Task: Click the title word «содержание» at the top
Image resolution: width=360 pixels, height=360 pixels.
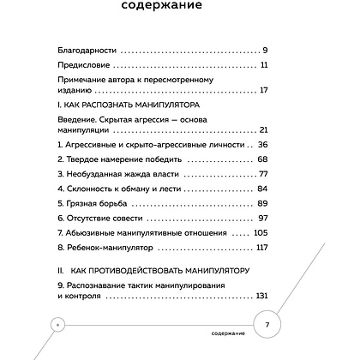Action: pos(180,7)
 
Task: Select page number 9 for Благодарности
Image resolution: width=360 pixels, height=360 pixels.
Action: pos(267,49)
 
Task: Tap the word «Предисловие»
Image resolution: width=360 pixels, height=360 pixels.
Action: pos(79,64)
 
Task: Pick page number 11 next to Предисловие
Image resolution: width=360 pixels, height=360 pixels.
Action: pos(265,64)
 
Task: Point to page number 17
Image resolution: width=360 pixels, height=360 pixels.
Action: pos(264,89)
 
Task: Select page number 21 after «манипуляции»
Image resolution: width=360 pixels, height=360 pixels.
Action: pos(264,129)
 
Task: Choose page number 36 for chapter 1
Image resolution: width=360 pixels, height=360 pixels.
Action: pos(264,145)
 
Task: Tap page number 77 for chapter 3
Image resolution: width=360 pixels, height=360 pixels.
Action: pos(264,174)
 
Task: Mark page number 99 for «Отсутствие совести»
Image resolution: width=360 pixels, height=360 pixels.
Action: pos(264,218)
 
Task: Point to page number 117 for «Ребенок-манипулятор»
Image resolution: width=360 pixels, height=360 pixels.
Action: pos(262,247)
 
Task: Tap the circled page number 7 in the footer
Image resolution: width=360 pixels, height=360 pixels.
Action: pos(267,326)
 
